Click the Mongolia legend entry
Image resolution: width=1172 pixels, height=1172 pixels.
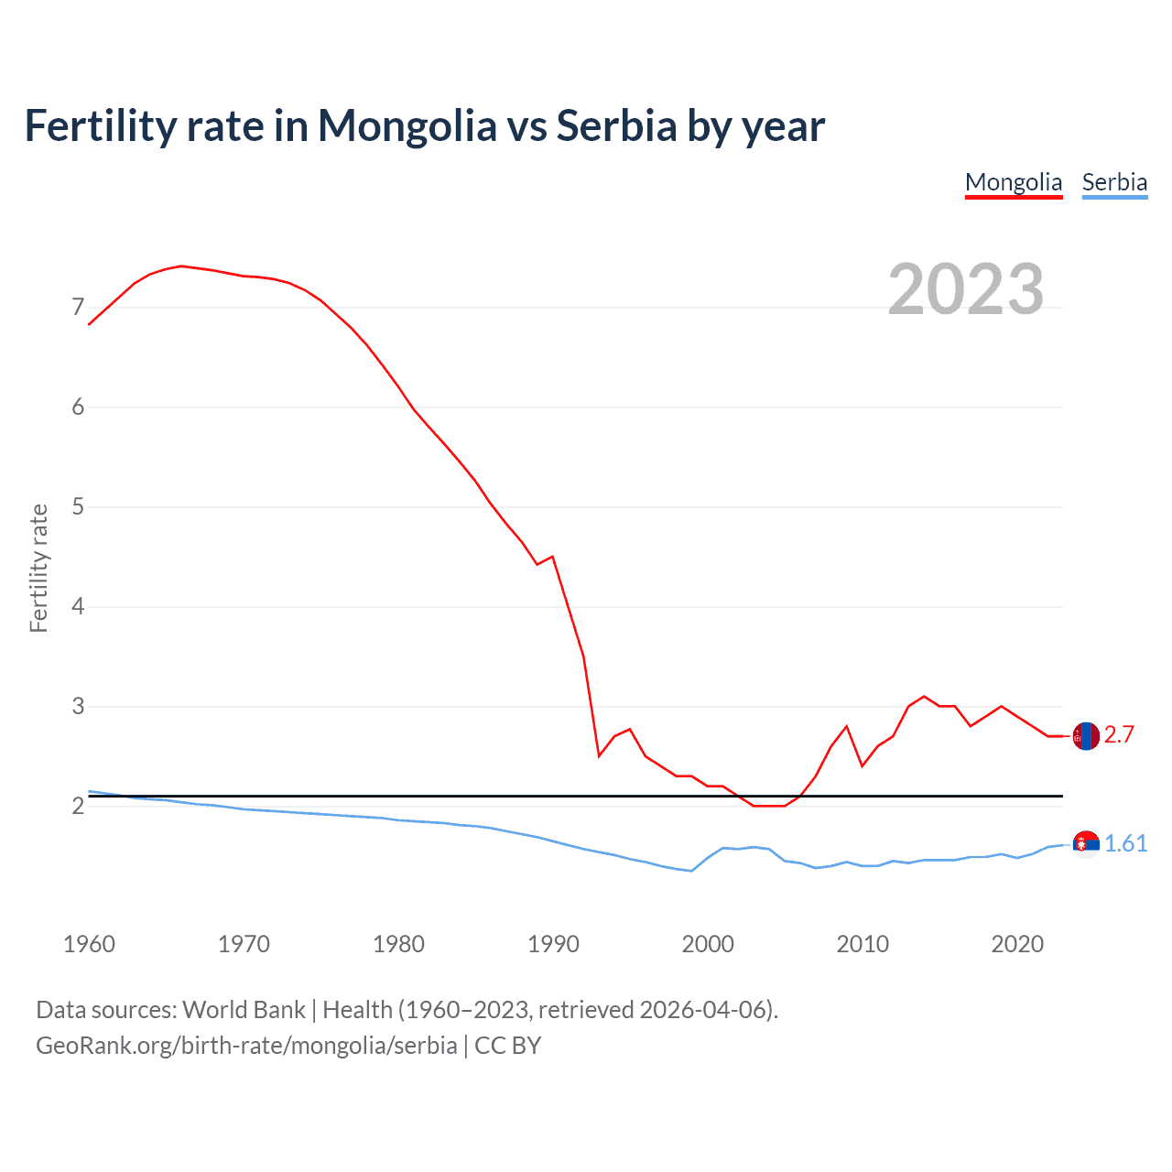[1013, 182]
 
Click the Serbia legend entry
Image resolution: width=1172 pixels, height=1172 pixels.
[1113, 182]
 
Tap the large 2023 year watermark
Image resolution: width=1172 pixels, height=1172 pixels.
[966, 289]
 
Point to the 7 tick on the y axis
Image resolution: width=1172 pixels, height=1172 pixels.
[78, 307]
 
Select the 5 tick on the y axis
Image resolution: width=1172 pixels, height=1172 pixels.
[78, 506]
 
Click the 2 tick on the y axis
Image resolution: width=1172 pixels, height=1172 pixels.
[78, 806]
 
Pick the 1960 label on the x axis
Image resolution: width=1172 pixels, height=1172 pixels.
[89, 944]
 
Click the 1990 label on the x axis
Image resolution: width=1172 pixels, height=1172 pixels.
[553, 944]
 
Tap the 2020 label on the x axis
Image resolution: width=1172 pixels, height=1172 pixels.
[1017, 944]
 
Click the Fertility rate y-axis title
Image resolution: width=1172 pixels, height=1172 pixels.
[38, 568]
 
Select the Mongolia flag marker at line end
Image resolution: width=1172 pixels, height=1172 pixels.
[1086, 735]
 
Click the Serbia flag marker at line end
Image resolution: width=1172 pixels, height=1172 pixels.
[1086, 843]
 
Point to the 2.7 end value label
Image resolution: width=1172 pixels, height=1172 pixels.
[1119, 734]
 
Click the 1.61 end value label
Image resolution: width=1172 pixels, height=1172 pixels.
[1125, 843]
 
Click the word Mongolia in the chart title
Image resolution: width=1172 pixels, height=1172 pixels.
[407, 126]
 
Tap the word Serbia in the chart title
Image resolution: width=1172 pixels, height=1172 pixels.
[616, 125]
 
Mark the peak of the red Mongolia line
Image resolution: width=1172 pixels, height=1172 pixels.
[181, 266]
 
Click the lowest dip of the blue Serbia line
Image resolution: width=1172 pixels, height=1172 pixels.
[691, 871]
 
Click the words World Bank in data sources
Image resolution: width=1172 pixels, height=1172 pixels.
[244, 1010]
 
